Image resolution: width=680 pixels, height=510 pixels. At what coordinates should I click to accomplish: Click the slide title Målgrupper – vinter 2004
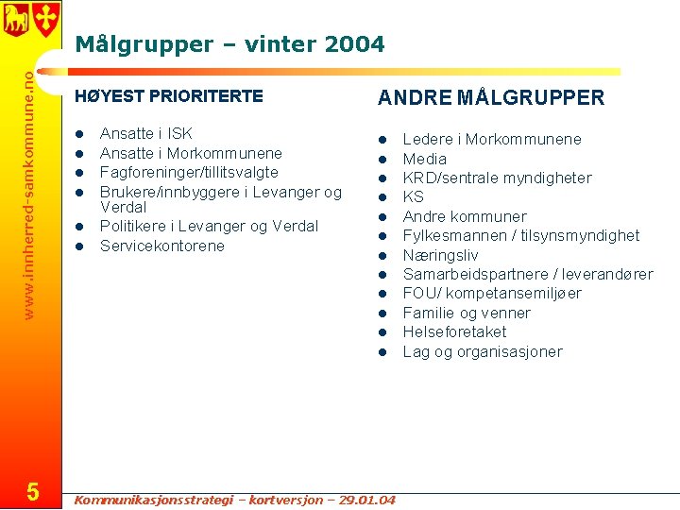tap(229, 44)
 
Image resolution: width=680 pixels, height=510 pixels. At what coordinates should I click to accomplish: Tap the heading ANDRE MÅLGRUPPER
tap(491, 98)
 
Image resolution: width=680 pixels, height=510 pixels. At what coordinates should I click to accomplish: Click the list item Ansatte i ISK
tap(145, 134)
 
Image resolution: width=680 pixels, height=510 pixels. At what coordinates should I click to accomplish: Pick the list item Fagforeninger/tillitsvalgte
tap(189, 173)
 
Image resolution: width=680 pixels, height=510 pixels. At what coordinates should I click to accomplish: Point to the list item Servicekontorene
tap(162, 246)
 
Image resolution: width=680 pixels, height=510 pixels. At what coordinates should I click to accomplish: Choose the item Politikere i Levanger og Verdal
tap(209, 227)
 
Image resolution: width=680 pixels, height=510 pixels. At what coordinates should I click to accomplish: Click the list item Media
tap(424, 159)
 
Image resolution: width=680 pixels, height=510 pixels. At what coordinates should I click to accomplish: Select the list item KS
tap(414, 197)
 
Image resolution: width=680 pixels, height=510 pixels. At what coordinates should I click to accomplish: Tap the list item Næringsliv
tap(440, 255)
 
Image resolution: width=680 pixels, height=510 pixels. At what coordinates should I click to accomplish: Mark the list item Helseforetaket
tap(454, 332)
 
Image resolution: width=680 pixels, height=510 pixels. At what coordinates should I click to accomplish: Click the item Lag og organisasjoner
tap(482, 352)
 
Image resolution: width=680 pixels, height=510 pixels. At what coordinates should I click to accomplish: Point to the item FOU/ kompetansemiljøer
tap(492, 294)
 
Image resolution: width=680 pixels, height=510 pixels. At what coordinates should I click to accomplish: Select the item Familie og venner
tap(467, 314)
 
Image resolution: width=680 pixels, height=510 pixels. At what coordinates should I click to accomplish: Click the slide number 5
tap(32, 491)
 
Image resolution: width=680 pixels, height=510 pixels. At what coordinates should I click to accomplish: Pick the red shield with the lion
tap(15, 18)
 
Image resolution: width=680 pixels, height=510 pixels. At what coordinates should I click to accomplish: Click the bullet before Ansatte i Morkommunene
tap(80, 154)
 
